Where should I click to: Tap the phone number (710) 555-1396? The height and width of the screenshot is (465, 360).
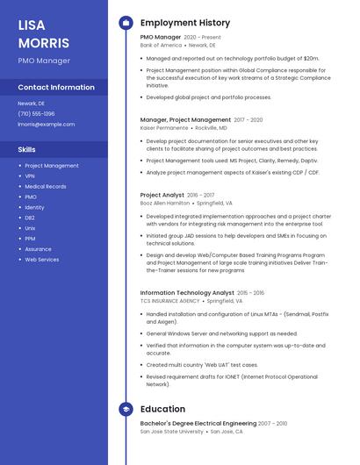[36, 113]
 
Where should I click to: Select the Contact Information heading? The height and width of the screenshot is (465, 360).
[56, 88]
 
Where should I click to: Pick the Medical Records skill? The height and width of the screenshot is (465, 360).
[46, 186]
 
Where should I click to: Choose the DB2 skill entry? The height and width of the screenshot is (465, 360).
[30, 218]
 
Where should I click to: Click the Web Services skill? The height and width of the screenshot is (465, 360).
[42, 260]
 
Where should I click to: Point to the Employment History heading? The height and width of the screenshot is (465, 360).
[185, 23]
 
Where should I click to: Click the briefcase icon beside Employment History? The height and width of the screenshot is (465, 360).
[126, 23]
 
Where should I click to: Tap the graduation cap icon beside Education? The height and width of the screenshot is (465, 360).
[126, 409]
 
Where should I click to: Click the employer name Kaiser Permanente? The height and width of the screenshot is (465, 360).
[163, 128]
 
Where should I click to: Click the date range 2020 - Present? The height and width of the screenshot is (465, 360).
[203, 37]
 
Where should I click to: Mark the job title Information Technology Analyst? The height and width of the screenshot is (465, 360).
[187, 293]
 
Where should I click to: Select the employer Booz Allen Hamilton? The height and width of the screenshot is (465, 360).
[164, 203]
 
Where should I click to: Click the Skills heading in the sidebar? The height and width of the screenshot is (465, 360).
[27, 149]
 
